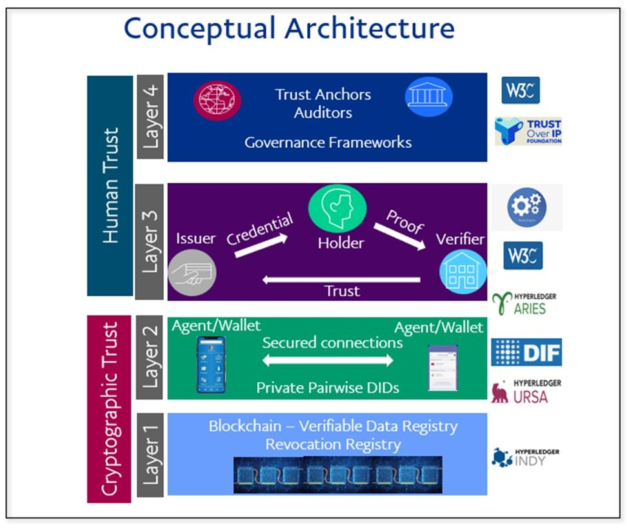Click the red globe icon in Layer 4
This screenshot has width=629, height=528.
tap(217, 100)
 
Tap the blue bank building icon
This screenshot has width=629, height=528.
tap(429, 97)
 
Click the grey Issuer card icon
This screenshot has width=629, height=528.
tap(192, 274)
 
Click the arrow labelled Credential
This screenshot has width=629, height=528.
tap(261, 245)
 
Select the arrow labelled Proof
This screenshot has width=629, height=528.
tap(404, 237)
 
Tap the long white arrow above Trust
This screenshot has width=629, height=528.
tap(342, 279)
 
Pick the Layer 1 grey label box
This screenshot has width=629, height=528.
tap(150, 455)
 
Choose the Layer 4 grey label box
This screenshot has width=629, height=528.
tap(150, 116)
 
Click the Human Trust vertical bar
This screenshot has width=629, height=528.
tap(110, 185)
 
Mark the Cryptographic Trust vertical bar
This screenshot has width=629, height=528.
tap(110, 409)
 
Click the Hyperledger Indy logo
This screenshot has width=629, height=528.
tap(526, 457)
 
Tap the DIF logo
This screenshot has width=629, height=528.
tap(526, 352)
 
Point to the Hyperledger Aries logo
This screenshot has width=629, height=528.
tap(524, 303)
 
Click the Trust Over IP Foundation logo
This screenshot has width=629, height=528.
tap(528, 131)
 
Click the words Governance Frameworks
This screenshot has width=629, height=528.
tap(328, 142)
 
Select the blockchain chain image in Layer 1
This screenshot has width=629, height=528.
tap(338, 474)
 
